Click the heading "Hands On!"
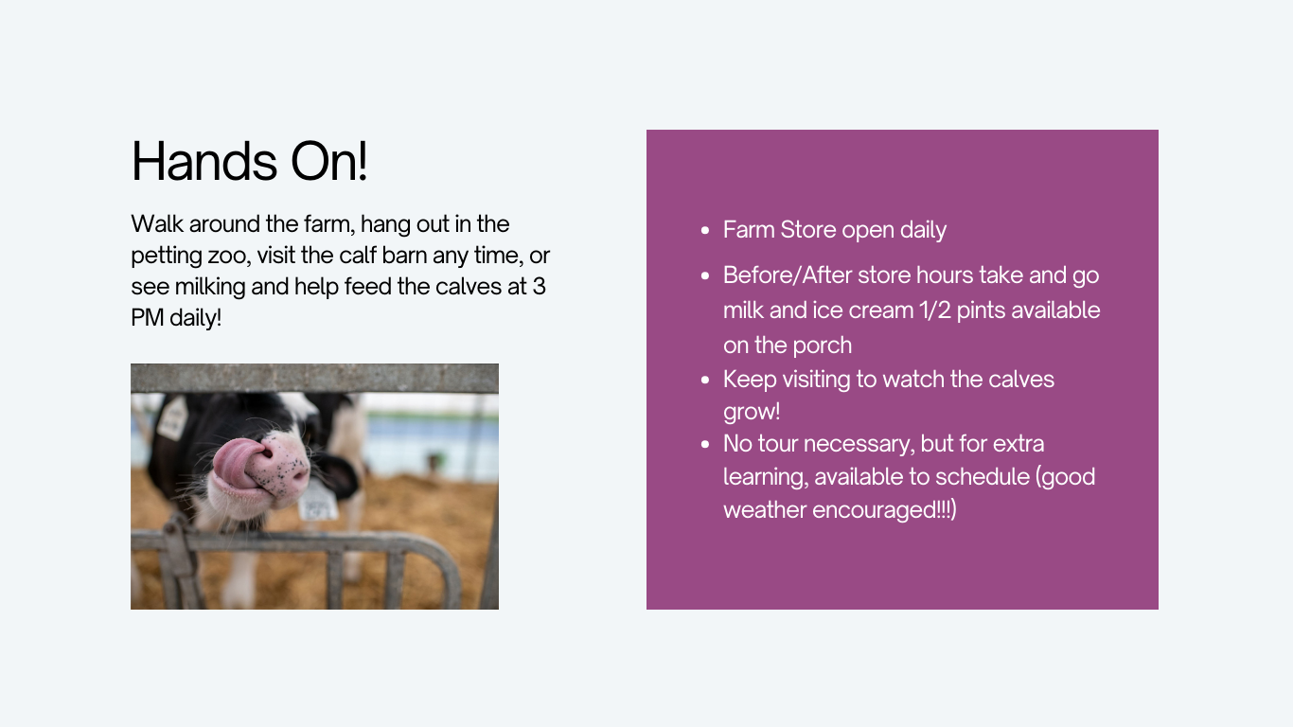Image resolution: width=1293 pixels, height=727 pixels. tap(249, 161)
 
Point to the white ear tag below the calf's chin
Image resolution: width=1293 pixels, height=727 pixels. tap(318, 504)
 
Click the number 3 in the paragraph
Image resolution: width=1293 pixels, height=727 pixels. tap(540, 287)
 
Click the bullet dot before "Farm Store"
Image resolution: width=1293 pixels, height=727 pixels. tap(705, 230)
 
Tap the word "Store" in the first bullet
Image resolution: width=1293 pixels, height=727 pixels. tap(808, 230)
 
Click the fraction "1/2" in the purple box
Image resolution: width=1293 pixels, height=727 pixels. tap(935, 310)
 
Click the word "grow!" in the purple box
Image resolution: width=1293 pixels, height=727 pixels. tap(752, 413)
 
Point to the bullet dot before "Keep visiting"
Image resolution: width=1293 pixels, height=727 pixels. tap(705, 380)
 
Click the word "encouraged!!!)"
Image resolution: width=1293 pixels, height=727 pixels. tap(884, 510)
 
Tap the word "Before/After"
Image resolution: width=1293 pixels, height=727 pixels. tap(788, 275)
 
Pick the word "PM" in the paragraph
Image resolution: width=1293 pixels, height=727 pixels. tap(147, 318)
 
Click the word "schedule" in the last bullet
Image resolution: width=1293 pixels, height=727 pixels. tap(983, 477)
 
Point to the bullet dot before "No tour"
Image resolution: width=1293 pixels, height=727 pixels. tap(705, 445)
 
